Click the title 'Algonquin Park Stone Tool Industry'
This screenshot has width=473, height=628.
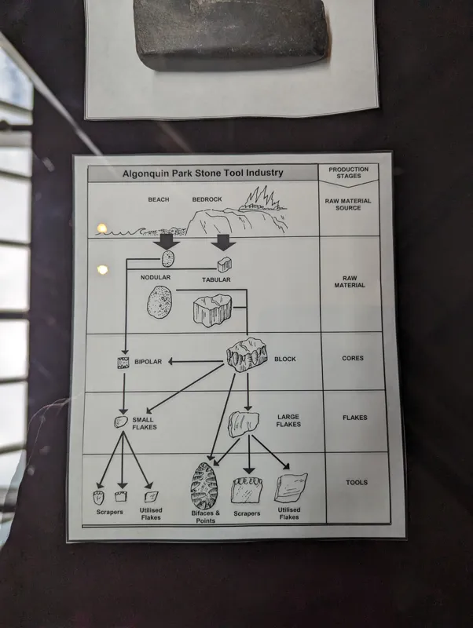[203, 173]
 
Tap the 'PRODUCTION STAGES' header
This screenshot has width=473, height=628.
[348, 173]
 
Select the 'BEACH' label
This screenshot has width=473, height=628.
[159, 199]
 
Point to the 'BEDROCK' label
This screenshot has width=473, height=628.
[207, 199]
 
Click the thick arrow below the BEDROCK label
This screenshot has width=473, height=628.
[223, 243]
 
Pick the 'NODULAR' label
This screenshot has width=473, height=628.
[156, 277]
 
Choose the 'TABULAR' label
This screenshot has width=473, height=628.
[216, 279]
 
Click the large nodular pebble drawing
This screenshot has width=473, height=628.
[159, 302]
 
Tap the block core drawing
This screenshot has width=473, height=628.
[247, 355]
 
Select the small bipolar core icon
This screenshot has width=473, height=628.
[123, 363]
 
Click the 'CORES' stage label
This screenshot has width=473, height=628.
[353, 358]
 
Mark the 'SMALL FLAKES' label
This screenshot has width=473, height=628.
[145, 423]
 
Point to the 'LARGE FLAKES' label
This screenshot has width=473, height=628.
[288, 421]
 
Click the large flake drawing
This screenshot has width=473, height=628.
[244, 424]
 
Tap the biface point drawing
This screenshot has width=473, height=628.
[204, 486]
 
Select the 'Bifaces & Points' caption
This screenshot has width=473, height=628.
[206, 517]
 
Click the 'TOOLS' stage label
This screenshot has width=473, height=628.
[357, 482]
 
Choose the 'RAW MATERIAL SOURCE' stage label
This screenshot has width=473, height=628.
[348, 204]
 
